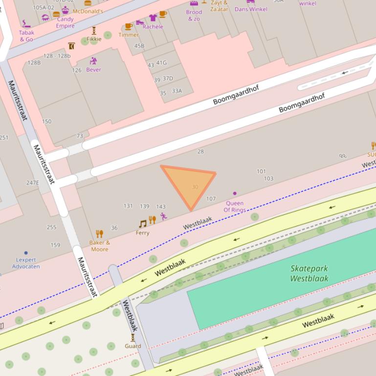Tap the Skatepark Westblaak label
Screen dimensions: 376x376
[x=309, y=273]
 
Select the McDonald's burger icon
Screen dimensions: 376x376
[x=88, y=3]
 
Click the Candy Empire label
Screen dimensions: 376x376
[x=65, y=22]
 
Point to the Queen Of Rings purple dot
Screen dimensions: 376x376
[x=235, y=193]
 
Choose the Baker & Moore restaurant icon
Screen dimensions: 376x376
[x=100, y=233]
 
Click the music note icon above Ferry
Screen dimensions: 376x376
[x=142, y=224]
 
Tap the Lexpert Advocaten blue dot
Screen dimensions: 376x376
[x=26, y=253]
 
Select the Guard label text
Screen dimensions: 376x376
[x=133, y=346]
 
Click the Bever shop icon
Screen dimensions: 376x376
[x=93, y=61]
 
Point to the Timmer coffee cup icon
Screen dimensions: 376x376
[x=129, y=26]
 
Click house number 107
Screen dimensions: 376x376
[x=211, y=199]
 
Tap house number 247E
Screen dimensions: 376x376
[x=32, y=183]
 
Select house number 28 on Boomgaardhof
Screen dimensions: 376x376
[x=200, y=151]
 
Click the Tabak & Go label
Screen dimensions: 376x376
[x=26, y=36]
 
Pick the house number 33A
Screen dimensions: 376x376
[x=177, y=91]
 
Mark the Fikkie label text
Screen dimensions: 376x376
[x=94, y=39]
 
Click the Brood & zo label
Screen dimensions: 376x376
[x=194, y=16]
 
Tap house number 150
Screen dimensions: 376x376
[x=46, y=122]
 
